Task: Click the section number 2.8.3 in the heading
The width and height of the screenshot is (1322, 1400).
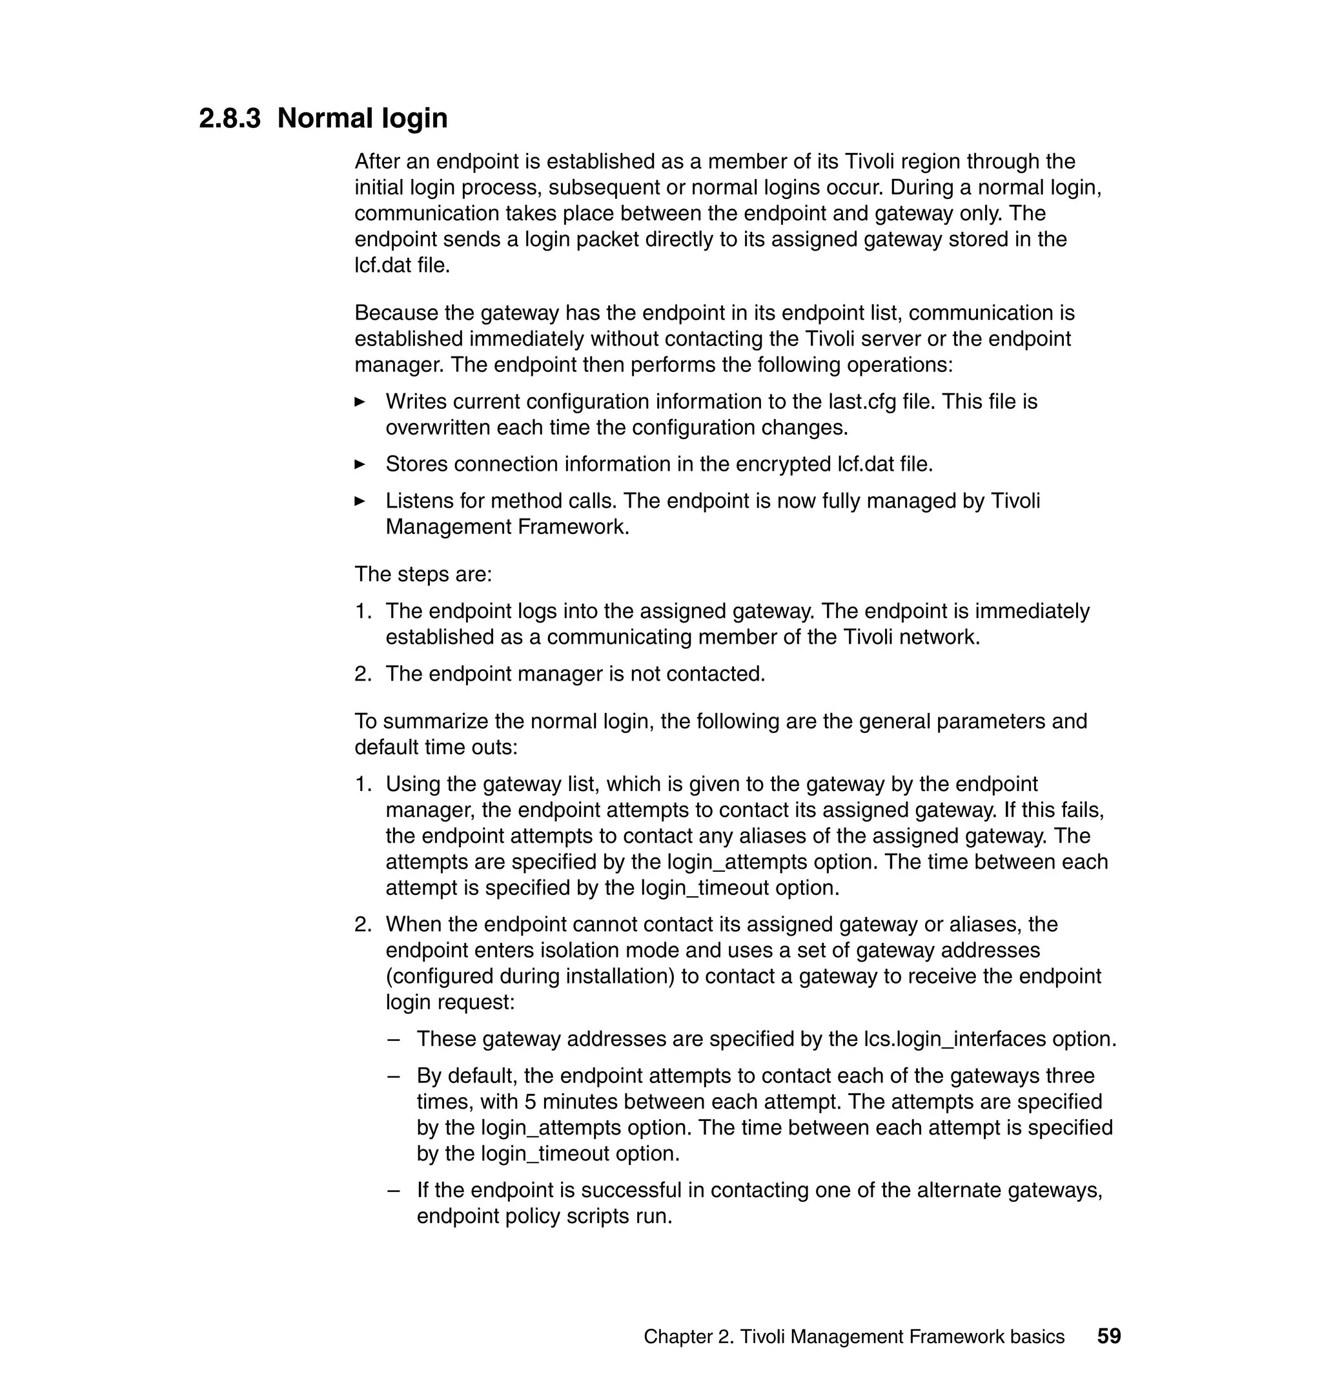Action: [230, 118]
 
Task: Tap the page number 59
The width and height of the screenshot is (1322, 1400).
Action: [1108, 1336]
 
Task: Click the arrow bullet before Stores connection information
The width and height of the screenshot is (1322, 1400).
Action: [360, 464]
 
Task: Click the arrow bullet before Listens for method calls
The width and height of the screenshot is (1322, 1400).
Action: [360, 501]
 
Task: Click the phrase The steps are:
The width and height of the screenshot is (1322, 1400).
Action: [423, 574]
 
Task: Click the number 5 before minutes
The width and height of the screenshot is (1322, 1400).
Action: [530, 1101]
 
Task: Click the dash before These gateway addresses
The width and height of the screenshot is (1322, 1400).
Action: [394, 1039]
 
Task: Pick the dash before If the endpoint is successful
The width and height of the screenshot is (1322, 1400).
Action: [394, 1190]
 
